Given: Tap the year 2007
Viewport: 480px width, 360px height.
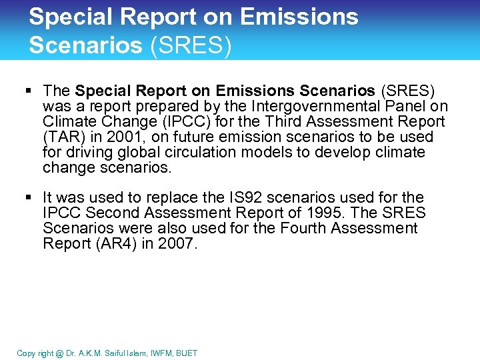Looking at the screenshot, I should pyautogui.click(x=177, y=244).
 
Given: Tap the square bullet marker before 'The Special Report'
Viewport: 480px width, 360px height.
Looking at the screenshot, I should pyautogui.click(x=31, y=91).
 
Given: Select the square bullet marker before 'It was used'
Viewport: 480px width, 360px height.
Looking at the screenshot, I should pyautogui.click(x=31, y=198).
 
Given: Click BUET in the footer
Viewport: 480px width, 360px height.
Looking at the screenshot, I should pyautogui.click(x=187, y=353).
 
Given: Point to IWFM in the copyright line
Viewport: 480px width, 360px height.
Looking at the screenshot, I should pyautogui.click(x=159, y=353).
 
